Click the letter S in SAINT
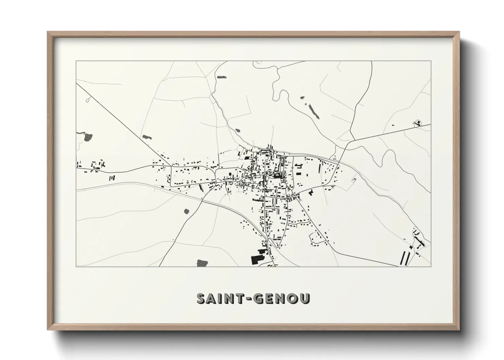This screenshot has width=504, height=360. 202,298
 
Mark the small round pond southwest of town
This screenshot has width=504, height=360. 186,211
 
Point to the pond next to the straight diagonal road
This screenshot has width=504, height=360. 147,137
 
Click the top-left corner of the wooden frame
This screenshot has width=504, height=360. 48,32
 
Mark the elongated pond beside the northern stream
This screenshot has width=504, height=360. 222,77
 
